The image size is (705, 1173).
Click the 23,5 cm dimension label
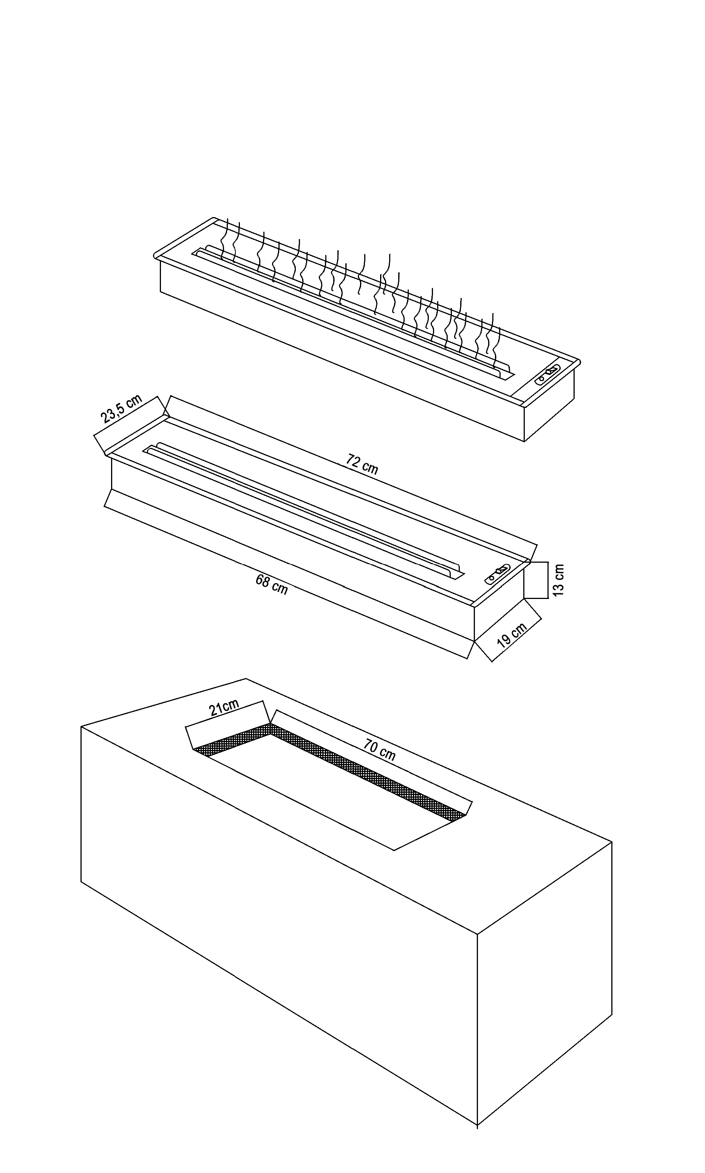122,408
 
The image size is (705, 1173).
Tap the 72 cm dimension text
362,465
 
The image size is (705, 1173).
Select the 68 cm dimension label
271,585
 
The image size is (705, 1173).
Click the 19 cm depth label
512,636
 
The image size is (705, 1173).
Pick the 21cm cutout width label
224,708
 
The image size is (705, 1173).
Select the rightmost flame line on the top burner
495,340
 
